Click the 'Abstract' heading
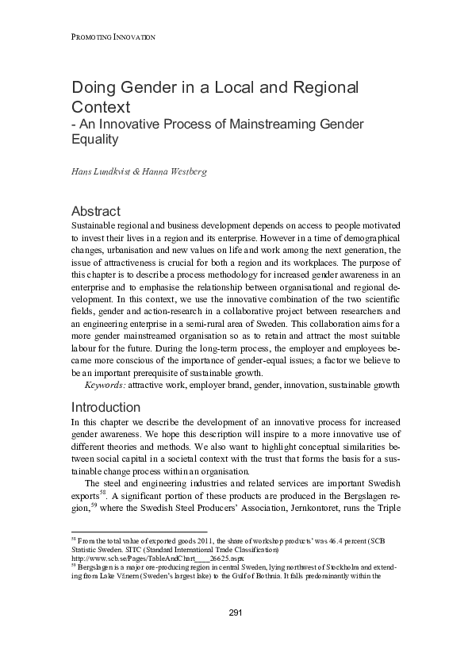96,211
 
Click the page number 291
236,634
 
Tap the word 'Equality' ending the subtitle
94,140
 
